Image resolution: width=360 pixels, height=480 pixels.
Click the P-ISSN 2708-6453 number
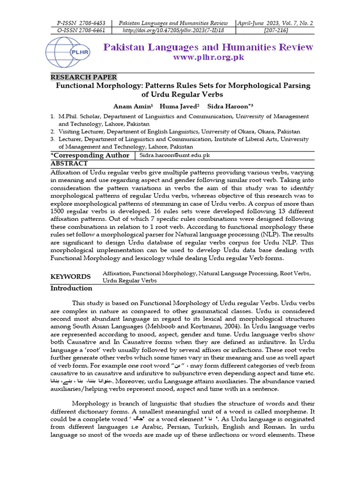[81, 23]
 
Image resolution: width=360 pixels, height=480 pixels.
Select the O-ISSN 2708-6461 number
[81, 30]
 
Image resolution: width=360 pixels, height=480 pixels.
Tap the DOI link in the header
[173, 30]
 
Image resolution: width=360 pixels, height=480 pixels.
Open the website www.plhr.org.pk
[209, 57]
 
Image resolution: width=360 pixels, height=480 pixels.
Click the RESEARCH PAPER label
[83, 77]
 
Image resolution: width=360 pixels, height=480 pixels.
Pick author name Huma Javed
[178, 106]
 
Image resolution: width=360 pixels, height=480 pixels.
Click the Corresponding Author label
[90, 155]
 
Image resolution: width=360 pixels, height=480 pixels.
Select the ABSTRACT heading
[69, 164]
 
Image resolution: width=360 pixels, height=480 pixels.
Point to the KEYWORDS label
[70, 277]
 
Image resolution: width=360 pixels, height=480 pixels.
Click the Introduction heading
[71, 288]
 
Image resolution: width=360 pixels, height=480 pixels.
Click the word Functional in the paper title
[78, 86]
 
